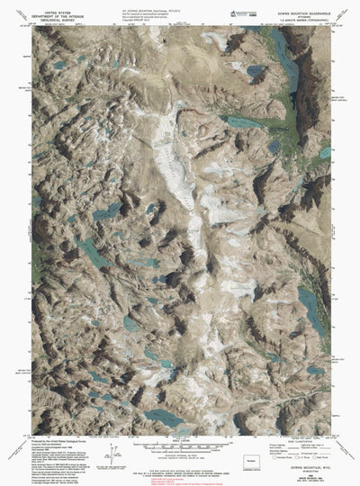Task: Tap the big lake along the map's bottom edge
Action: [x=166, y=417]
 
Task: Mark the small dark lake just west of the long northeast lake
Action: [x=256, y=69]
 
